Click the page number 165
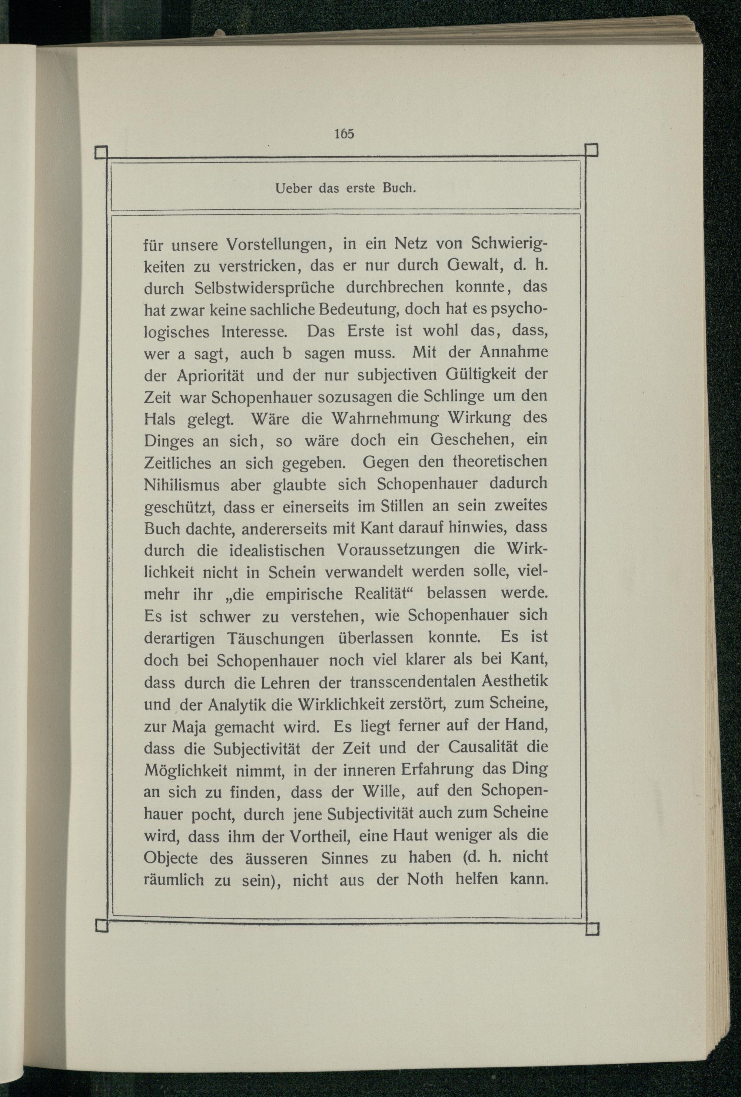[x=344, y=134]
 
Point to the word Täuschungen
[x=275, y=639]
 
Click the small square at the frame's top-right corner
[x=591, y=150]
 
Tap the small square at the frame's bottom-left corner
[x=102, y=925]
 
